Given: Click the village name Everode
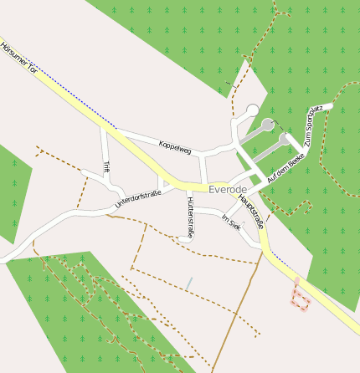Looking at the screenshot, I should pos(228,190).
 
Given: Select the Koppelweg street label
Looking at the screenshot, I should pos(175,148).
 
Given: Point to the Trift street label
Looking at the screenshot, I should pos(106,167).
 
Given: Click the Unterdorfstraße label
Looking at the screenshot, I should pos(138,198).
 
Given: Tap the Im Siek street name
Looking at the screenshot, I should pos(229,221).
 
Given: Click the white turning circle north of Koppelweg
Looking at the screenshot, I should pos(252,110).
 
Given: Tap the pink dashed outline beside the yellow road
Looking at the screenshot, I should pos(300,295).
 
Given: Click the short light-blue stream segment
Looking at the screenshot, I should pos(189,284).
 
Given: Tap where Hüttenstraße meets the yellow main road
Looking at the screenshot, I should pos(188,187).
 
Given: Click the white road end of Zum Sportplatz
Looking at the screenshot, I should pos(329,106).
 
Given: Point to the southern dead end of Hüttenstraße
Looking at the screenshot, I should pos(183,240).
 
